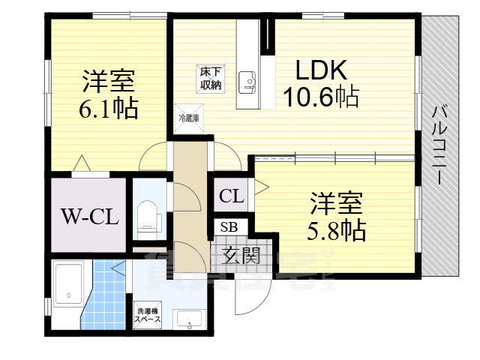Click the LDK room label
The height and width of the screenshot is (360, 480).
[319, 70]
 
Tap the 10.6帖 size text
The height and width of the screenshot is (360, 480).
[319, 96]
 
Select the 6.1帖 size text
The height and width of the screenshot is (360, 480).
[109, 110]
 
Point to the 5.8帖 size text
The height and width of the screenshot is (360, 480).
[337, 229]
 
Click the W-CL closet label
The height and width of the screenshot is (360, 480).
[88, 218]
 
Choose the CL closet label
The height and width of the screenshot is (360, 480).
[232, 197]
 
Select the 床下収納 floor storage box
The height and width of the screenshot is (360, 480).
[210, 78]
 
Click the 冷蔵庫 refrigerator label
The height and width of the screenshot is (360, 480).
[188, 118]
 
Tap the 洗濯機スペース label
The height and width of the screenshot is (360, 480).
[147, 316]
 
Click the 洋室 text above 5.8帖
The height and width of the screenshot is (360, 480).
[337, 202]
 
